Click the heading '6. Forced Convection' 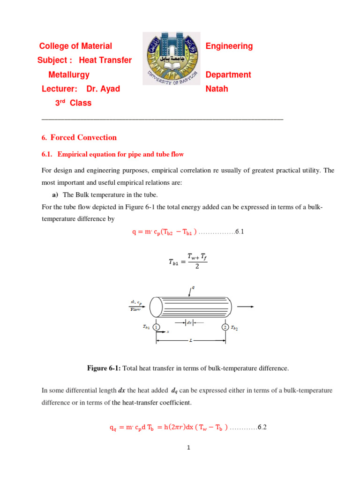coord(79,137)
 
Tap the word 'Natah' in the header coord(217,89)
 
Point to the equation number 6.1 coord(239,232)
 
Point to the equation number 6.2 coord(262,427)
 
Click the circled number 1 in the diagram coord(156,327)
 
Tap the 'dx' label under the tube coord(189,322)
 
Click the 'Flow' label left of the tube coord(135,309)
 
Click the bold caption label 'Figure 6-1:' coord(104,368)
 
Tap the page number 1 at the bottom coord(187,448)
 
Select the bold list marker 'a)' coord(54,195)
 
